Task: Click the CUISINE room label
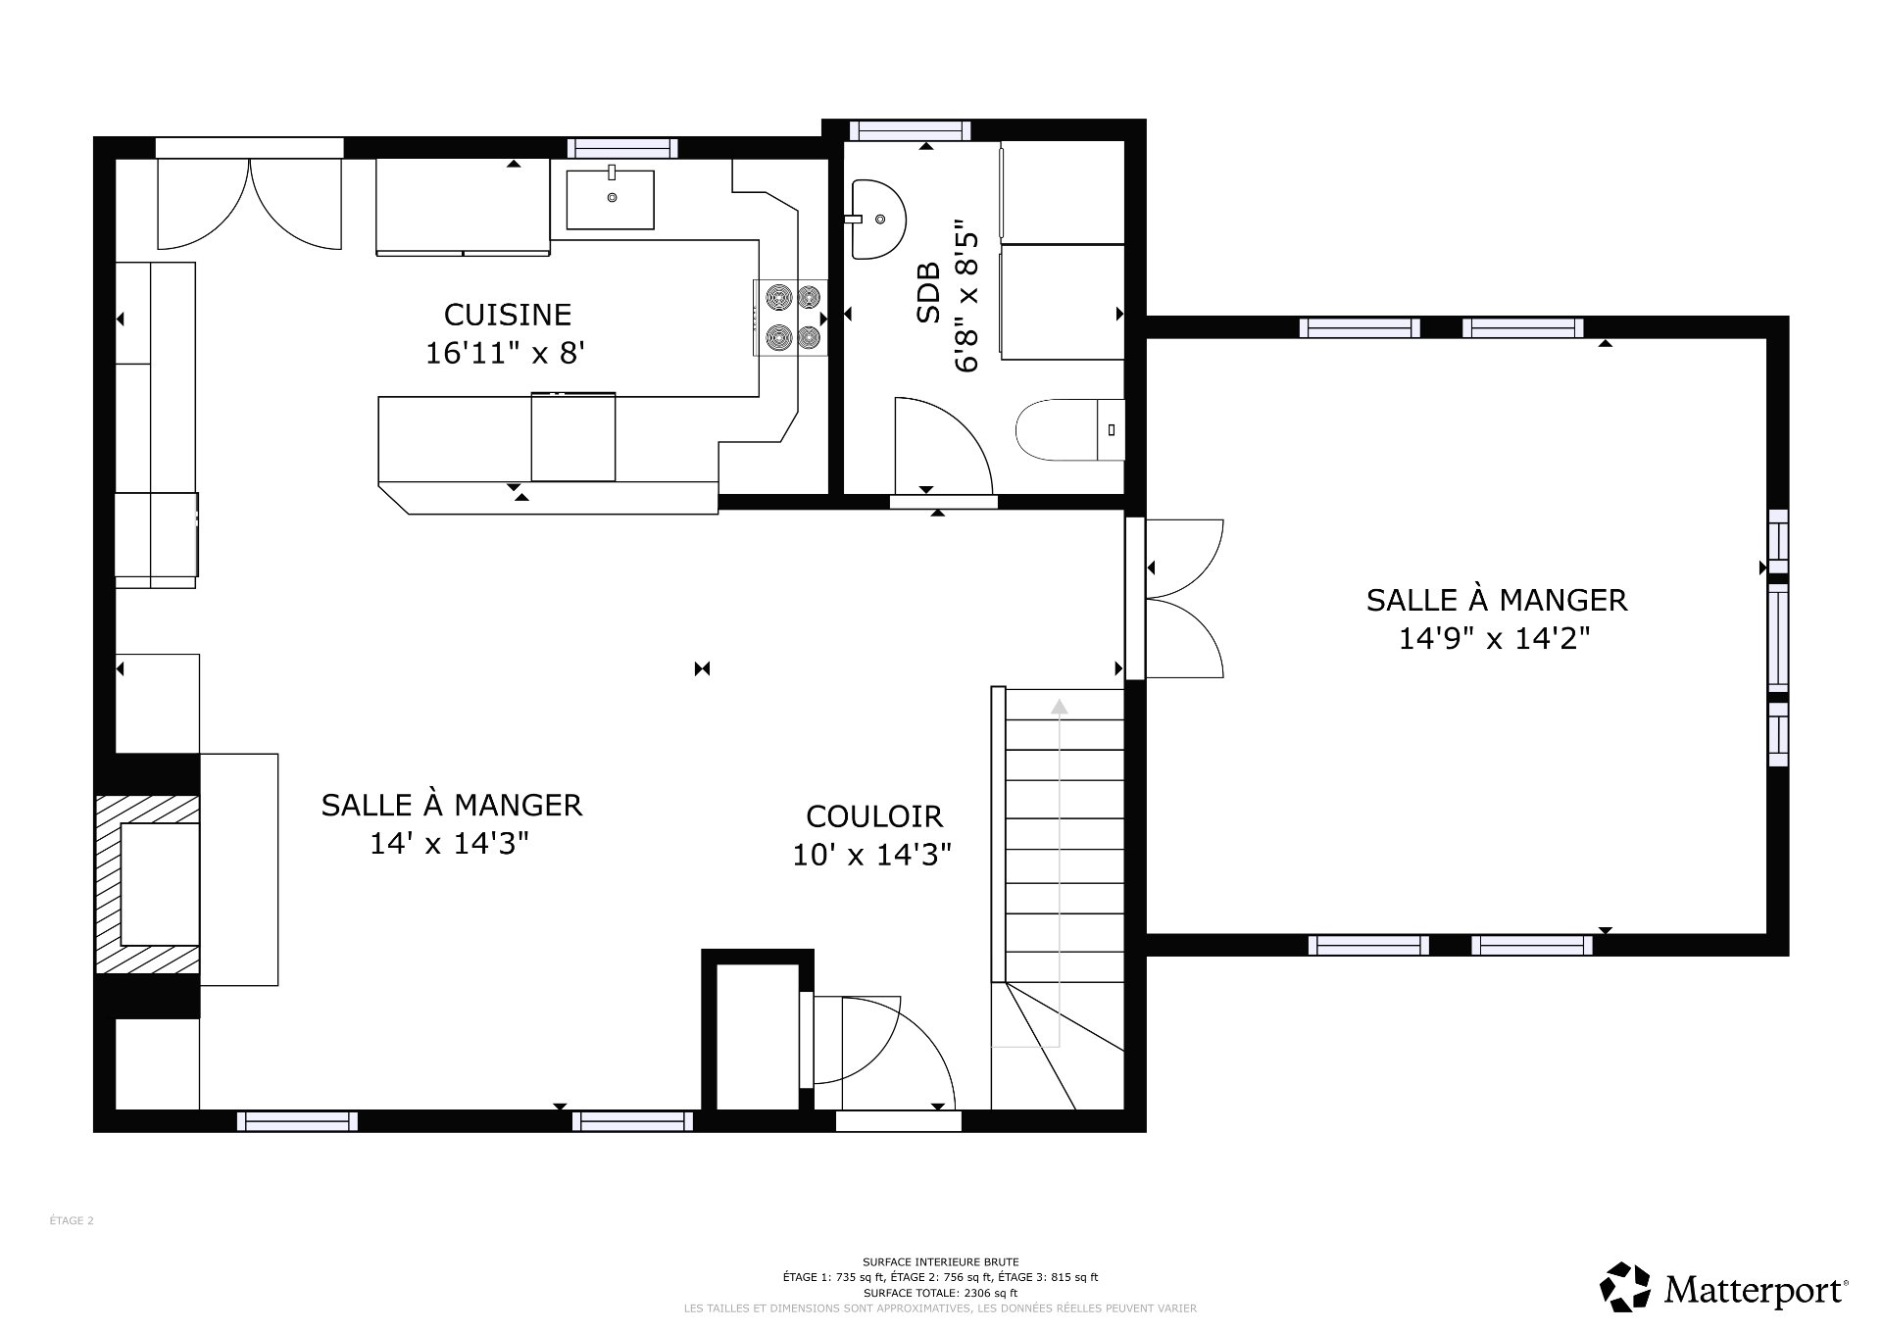click(507, 315)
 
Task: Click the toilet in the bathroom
click(1068, 429)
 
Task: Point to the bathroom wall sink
click(874, 219)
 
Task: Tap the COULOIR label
click(873, 816)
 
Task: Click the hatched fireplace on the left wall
click(147, 885)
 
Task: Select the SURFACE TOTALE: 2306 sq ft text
click(940, 1293)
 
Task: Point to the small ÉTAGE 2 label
click(72, 1221)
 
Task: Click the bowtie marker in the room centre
click(702, 669)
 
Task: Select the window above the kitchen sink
click(622, 148)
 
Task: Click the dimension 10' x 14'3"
click(871, 856)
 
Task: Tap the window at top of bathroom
click(910, 129)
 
